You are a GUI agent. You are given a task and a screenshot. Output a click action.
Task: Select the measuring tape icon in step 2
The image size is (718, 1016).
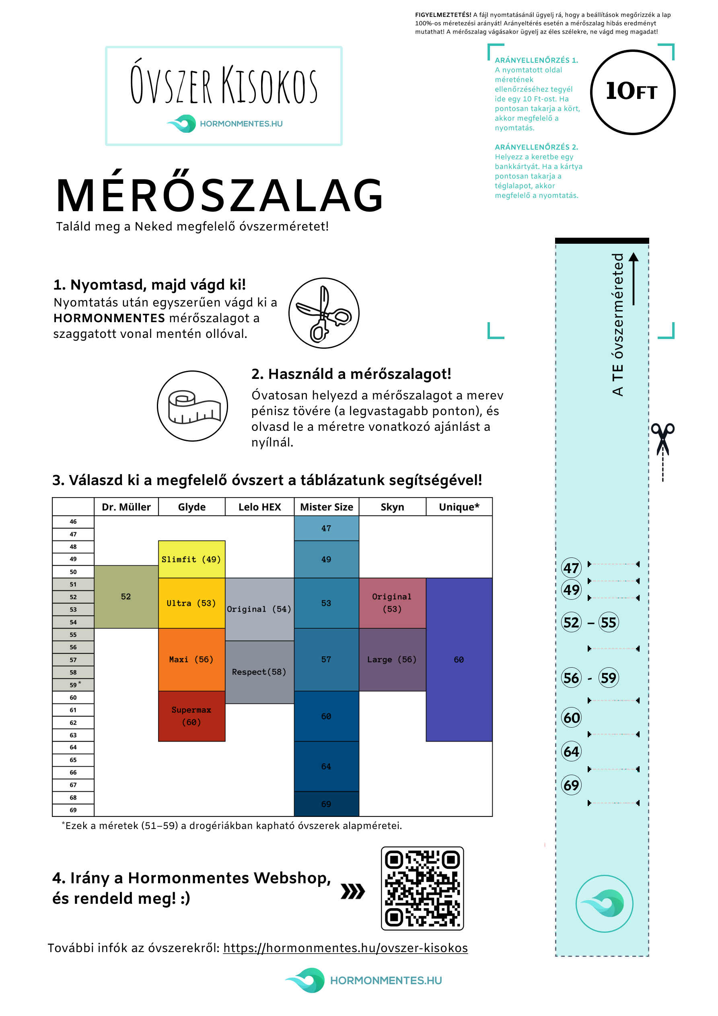pos(193,406)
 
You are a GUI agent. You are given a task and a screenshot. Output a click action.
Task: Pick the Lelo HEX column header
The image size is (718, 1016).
pos(259,507)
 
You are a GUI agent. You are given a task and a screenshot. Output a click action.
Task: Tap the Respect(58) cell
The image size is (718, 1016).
pos(259,672)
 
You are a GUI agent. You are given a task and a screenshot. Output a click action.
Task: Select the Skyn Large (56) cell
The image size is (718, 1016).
pos(392,659)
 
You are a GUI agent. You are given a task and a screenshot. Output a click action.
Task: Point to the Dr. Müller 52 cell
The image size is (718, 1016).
pos(126,596)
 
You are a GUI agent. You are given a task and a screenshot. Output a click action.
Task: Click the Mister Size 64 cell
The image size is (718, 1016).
pos(326,767)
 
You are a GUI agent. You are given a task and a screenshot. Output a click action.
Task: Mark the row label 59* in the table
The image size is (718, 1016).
pos(74,685)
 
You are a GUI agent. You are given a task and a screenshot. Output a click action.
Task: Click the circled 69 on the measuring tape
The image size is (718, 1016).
pos(571,785)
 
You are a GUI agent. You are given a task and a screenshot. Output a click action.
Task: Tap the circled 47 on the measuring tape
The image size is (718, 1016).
pos(571,568)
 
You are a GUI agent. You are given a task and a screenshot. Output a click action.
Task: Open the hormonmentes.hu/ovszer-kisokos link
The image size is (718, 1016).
pos(345,948)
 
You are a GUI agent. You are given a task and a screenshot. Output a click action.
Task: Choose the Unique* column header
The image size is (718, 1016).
pos(459,507)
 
